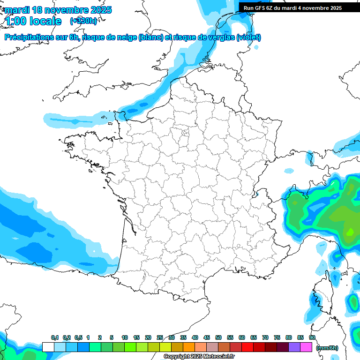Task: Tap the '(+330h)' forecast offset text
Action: pyautogui.click(x=83, y=21)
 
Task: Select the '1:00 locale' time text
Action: pyautogui.click(x=32, y=21)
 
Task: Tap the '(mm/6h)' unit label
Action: pyautogui.click(x=327, y=348)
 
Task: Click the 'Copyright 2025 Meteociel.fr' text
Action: pyautogui.click(x=199, y=357)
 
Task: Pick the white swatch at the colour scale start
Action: pyautogui.click(x=48, y=347)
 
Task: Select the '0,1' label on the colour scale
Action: pyautogui.click(x=54, y=338)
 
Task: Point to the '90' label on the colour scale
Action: pyautogui.click(x=312, y=338)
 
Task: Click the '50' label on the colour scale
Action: pyautogui.click(x=218, y=338)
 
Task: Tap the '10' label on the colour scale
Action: pyautogui.click(x=125, y=338)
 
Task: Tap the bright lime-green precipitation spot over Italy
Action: pyautogui.click(x=350, y=232)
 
